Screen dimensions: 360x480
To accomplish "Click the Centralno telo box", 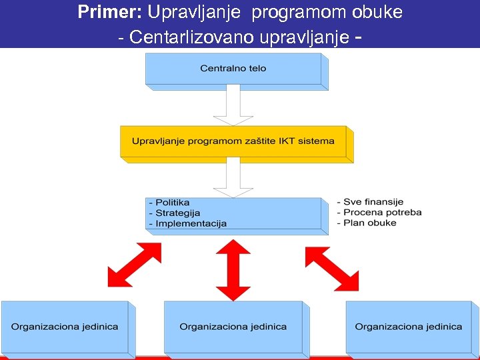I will [x=233, y=69].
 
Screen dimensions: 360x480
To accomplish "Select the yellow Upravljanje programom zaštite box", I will [x=233, y=141].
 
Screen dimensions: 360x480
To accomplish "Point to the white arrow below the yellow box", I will [x=233, y=178].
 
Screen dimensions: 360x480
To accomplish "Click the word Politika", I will [x=173, y=202].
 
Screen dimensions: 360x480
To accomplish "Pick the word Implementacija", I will [x=191, y=223].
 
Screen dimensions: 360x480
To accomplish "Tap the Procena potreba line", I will [x=382, y=212].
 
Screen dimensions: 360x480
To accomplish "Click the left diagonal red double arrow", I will [x=135, y=265].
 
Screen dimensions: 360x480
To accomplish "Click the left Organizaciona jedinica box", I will [x=65, y=327].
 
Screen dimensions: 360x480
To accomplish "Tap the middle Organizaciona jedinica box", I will [x=233, y=327].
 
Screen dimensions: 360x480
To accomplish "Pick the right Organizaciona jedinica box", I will [x=409, y=327].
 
